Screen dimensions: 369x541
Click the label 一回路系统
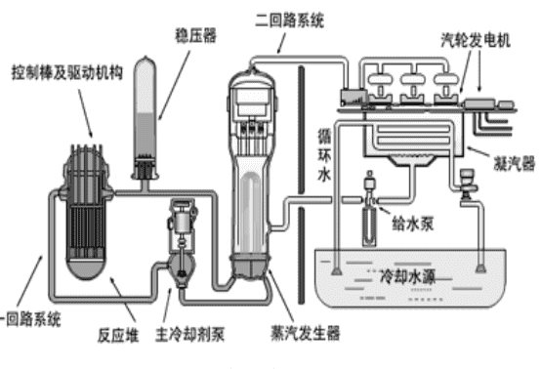(x=32, y=317)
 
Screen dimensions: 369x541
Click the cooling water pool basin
(x=409, y=293)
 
